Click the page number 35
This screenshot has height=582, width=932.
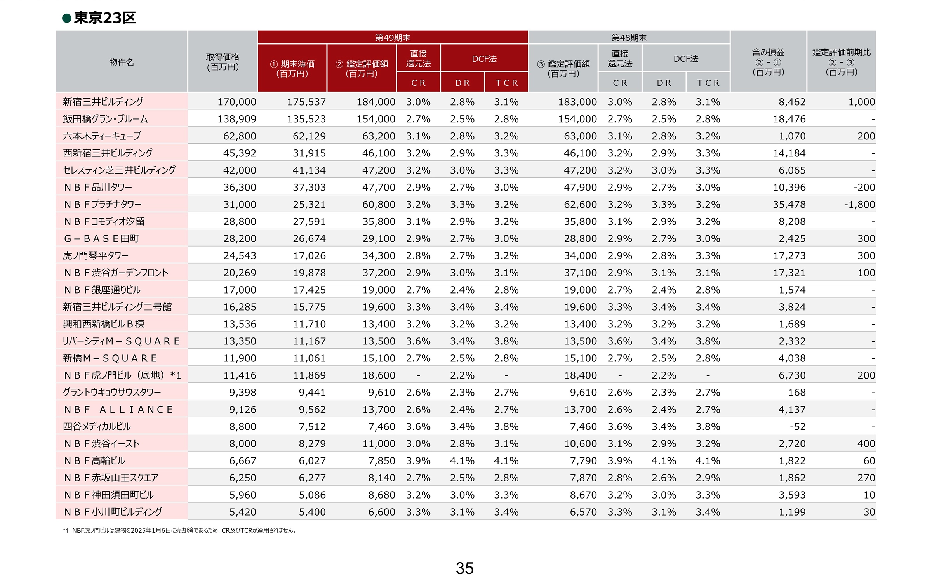(x=464, y=568)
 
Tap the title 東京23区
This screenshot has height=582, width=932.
(x=104, y=18)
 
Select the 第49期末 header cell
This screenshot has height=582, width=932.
(x=393, y=37)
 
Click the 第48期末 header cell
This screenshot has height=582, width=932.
(x=629, y=37)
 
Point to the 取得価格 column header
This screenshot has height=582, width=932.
(x=223, y=62)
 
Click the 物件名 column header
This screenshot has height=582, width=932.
(x=122, y=62)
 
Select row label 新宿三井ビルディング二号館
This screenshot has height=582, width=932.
(x=117, y=307)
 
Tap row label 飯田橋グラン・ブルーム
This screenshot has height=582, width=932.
(x=105, y=119)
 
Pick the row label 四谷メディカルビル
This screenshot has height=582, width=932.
(x=97, y=426)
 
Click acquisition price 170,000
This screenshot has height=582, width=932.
(x=236, y=102)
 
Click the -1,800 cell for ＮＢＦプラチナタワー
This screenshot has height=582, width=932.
(x=859, y=204)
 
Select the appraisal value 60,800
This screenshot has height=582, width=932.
(x=379, y=204)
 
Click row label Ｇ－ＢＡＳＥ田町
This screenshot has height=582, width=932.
(x=101, y=238)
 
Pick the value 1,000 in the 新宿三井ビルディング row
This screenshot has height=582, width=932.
(x=861, y=102)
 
